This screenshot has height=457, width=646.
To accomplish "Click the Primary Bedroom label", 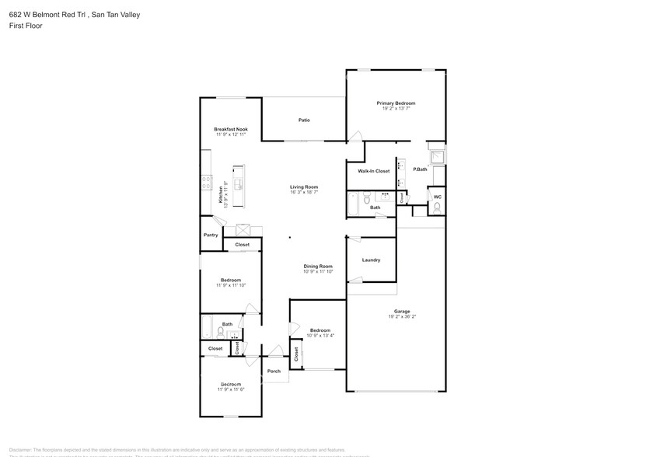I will tap(396, 103).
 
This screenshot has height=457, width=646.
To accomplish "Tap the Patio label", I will tap(305, 120).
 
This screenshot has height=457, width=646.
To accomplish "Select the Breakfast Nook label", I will tap(231, 129).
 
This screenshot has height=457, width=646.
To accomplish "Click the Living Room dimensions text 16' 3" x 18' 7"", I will tap(304, 192).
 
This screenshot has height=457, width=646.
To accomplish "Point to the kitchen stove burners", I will tap(207, 183).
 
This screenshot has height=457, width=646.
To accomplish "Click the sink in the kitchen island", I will tap(239, 185).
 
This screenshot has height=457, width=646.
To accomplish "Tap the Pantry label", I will tap(211, 235).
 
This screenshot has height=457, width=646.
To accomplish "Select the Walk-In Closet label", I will tap(373, 171).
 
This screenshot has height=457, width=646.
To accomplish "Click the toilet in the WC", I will tap(437, 209).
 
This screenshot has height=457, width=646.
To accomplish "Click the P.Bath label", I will tap(420, 169).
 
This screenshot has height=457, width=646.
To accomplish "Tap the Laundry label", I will tap(371, 260).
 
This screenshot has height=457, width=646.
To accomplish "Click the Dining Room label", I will tap(317, 266).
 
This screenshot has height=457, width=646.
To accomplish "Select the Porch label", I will tap(274, 371).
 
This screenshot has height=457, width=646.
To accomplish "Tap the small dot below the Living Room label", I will tap(290, 238).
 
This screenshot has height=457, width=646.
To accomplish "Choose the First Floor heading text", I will tap(26, 26).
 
